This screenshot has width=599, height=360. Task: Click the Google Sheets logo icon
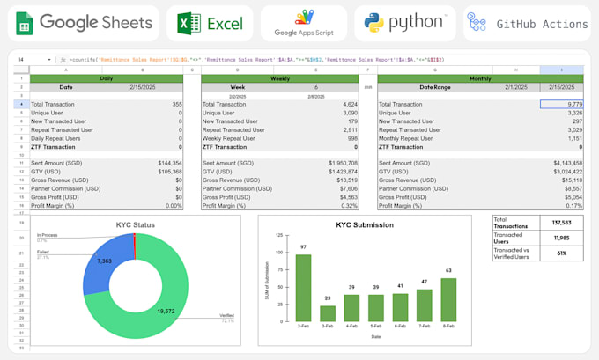point(23,23)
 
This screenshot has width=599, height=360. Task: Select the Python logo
point(375,23)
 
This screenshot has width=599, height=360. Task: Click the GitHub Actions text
point(542,24)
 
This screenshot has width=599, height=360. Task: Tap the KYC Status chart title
point(135,225)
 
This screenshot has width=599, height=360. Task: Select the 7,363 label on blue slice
point(103,261)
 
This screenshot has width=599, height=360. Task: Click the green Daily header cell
point(106,77)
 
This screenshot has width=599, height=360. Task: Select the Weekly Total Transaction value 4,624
point(344,104)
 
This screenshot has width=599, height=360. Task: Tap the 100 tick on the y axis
point(280,253)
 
